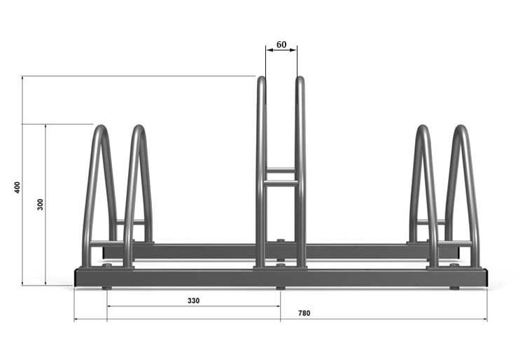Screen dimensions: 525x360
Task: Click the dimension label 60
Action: [281, 45]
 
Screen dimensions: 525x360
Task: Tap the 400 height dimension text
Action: [17, 187]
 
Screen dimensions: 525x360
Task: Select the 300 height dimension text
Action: [40, 205]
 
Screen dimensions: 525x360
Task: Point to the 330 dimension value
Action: [193, 300]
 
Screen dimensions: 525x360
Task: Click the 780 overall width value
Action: [304, 313]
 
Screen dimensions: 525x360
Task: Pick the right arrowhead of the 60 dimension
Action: [293, 50]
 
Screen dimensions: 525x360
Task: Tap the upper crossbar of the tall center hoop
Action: [281, 171]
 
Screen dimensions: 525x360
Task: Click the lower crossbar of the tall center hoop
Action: [281, 183]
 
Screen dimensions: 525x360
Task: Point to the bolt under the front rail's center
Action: [281, 288]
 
